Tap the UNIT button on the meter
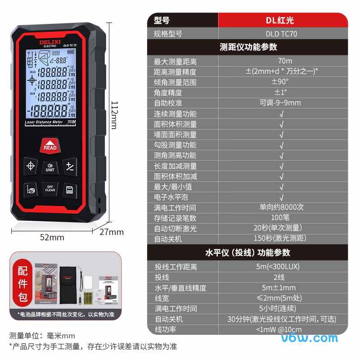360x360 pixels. point(50,167)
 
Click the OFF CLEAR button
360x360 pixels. point(50,188)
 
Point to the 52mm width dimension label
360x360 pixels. point(52,237)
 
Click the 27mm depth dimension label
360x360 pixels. point(112,232)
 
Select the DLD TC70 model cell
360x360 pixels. point(281,34)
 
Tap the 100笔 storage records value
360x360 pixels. point(282,218)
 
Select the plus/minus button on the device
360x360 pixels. point(70,166)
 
